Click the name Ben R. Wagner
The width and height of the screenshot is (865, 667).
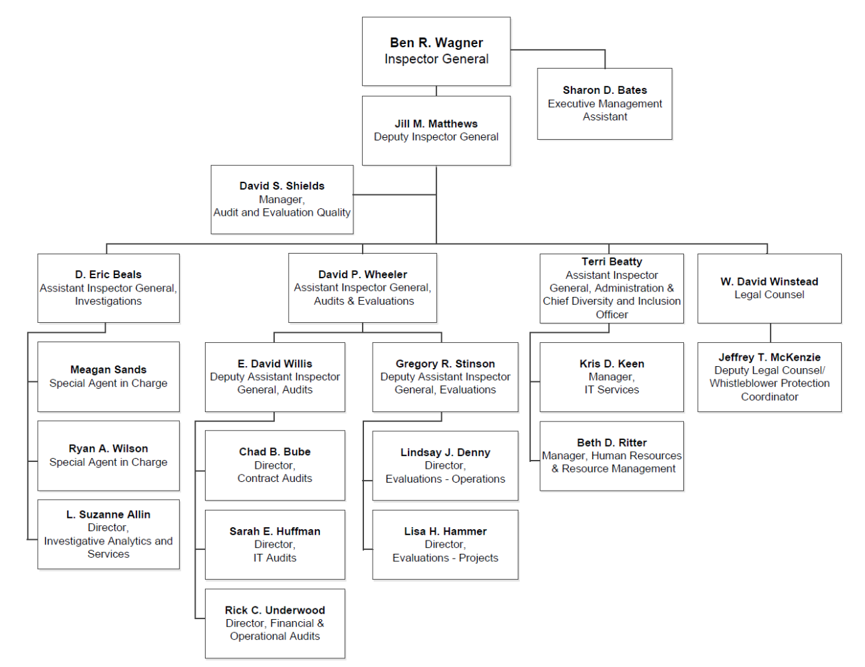(436, 43)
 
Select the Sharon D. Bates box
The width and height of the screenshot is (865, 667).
(604, 104)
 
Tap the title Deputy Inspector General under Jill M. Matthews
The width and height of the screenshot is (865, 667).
(436, 137)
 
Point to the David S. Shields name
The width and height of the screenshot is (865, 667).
(282, 186)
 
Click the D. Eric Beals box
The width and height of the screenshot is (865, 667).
(108, 288)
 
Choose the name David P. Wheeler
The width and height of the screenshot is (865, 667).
(363, 274)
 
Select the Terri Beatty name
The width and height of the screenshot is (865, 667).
(611, 262)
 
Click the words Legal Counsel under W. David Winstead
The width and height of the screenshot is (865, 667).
(769, 295)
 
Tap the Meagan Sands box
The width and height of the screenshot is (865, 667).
(108, 377)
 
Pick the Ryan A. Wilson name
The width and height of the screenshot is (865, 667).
(108, 449)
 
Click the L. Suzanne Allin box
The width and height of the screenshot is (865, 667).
(108, 534)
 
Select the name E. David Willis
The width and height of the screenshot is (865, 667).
(275, 363)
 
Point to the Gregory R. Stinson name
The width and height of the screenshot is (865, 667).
(445, 363)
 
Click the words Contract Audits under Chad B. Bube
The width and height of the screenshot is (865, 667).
(275, 479)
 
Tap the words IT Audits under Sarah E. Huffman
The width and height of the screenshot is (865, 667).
(275, 558)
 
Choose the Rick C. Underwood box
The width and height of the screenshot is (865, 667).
(275, 624)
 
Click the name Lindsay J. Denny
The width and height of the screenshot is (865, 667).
(445, 453)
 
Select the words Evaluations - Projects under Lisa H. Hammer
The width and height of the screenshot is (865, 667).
(445, 558)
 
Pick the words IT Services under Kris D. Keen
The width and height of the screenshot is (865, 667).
(611, 390)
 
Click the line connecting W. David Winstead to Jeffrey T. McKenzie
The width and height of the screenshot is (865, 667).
(771, 333)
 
